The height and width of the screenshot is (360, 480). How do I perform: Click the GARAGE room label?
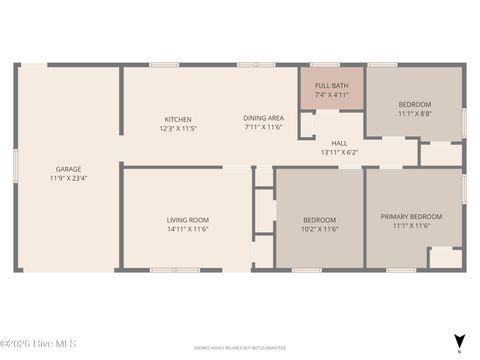[x=69, y=169]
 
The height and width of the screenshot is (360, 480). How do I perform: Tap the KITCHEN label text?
[x=178, y=119]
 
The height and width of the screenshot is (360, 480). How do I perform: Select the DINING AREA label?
[x=264, y=119]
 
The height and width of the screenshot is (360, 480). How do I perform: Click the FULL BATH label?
[x=331, y=86]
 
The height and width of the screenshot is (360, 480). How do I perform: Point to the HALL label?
[x=339, y=143]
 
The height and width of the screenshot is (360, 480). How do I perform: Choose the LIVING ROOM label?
[x=187, y=219]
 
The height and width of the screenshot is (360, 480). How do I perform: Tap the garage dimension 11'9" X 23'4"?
[x=69, y=178]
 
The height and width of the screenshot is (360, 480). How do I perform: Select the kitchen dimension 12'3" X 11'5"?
[x=178, y=128]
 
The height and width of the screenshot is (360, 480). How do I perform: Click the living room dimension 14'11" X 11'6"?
[x=187, y=228]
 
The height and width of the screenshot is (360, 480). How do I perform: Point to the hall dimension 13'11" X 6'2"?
[x=339, y=152]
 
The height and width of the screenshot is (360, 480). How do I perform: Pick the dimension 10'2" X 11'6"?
[x=320, y=228]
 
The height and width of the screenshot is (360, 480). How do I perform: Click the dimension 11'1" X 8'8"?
[x=414, y=114]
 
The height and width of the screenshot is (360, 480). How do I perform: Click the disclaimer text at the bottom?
[x=240, y=348]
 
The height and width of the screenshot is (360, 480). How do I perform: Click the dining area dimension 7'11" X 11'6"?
[x=264, y=128]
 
